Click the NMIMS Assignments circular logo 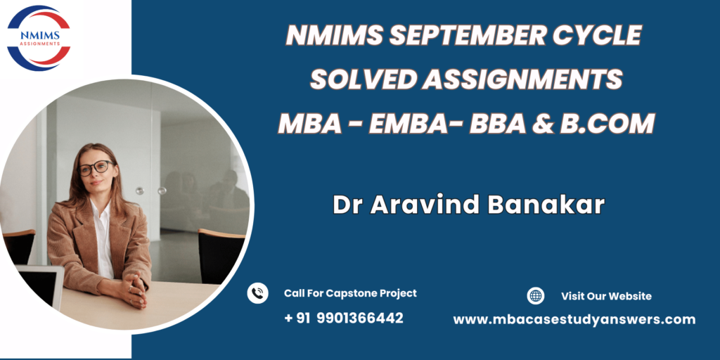coord(39,38)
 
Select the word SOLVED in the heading coord(364,80)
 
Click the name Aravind coord(426,205)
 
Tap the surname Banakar coord(546,205)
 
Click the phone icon coord(257,293)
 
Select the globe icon coord(535,296)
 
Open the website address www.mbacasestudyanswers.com coord(574,320)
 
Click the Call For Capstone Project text coord(350,293)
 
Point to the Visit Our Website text coord(606,296)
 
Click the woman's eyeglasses coord(96,167)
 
